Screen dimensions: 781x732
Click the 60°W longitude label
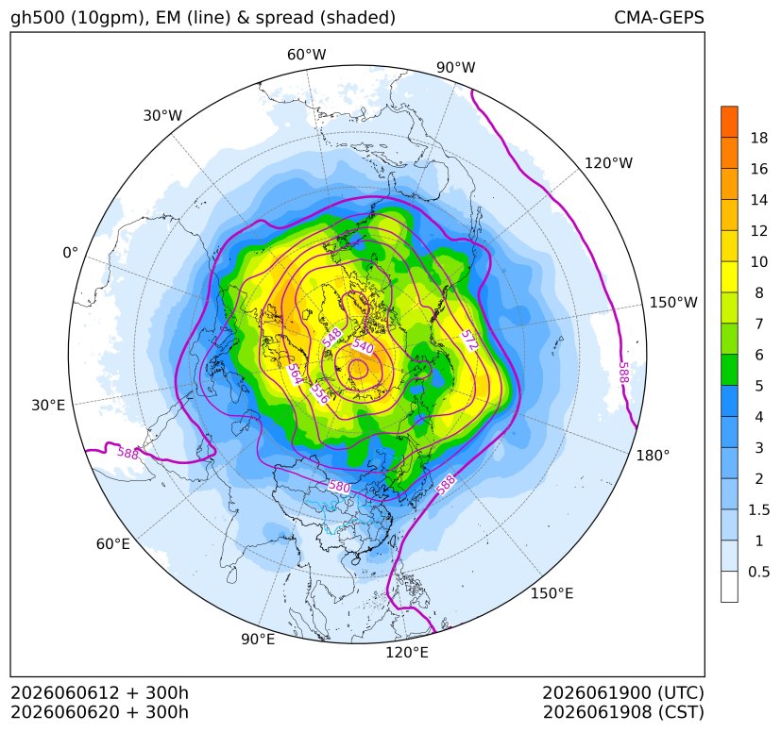coord(306,55)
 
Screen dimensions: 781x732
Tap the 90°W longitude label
coord(456,68)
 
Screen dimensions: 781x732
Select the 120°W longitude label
coord(608,163)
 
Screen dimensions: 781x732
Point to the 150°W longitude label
coord(673,303)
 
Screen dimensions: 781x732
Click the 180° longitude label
coord(653,456)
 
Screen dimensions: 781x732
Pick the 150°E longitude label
coord(552,593)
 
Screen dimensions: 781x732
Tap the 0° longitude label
coord(70,253)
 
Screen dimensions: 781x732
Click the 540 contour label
coord(363,345)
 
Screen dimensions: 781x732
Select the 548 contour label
coord(331,338)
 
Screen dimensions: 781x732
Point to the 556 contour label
coord(320,393)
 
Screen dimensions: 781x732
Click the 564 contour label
coord(295,374)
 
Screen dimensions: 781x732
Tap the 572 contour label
coord(469,340)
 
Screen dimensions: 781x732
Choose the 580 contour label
coord(339,486)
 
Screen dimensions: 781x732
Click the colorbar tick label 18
coord(759,138)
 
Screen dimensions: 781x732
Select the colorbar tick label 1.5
coord(758,509)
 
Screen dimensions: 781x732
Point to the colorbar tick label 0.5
coord(758,572)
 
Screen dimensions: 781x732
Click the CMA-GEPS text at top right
coord(659,17)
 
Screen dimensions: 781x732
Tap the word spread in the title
coord(284,18)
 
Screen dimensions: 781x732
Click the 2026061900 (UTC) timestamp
coord(623,692)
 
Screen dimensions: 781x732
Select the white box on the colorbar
coord(729,587)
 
